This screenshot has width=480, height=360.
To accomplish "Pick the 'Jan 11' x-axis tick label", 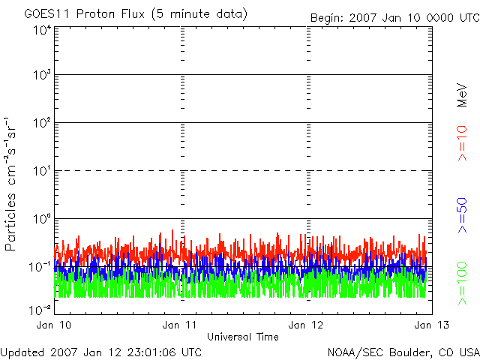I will (x=181, y=325).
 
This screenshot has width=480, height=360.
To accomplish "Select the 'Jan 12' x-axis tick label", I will (x=307, y=325).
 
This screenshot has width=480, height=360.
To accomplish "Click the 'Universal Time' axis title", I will (x=243, y=337).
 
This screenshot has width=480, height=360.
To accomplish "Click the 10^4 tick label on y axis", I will (x=41, y=31).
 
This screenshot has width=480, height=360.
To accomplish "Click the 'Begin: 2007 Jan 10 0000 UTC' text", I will (x=394, y=17).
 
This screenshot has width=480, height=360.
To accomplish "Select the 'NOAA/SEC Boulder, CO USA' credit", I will (x=403, y=352).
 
